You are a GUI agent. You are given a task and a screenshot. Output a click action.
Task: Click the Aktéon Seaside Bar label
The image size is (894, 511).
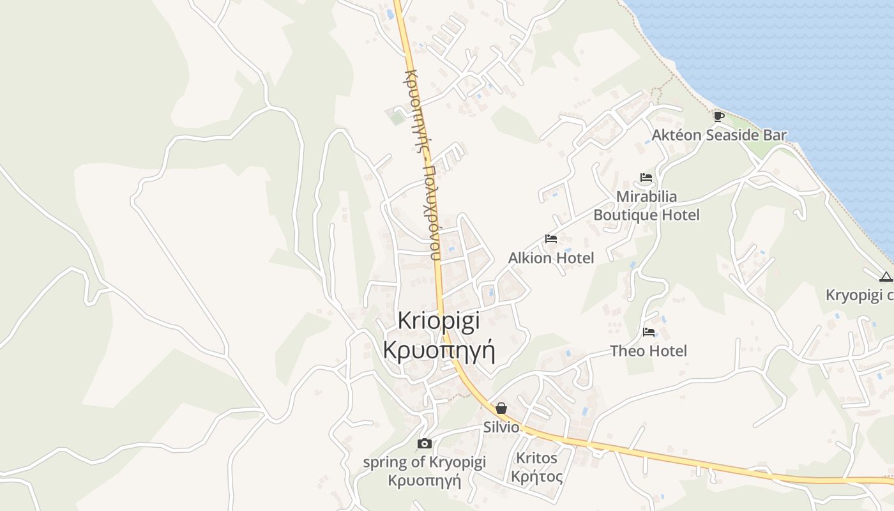pos(718,135)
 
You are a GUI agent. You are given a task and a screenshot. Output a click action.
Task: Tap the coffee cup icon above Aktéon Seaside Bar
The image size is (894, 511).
pos(718,116)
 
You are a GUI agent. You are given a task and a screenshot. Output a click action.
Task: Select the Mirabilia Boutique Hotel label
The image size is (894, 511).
pos(646,206)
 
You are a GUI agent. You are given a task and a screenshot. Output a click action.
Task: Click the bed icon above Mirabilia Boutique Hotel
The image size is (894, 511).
pos(646,178)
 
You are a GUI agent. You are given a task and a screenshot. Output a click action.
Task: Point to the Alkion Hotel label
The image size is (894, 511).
pos(550,258)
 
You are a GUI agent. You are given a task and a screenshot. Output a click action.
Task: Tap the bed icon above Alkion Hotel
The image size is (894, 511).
pos(551,239)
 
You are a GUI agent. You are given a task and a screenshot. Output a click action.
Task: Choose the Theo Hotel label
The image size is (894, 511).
pos(648,351)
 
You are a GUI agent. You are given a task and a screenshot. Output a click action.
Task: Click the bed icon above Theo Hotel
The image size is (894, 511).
pos(649,332)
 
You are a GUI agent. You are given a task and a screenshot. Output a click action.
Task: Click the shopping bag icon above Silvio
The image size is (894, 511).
pos(501,408)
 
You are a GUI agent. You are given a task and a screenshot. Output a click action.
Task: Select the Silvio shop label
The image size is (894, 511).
pos(501,427)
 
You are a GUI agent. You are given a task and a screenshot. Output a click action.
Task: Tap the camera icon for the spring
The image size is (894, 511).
pos(424,443)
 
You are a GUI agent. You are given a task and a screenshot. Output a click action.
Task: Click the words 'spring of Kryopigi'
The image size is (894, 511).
pos(424,462)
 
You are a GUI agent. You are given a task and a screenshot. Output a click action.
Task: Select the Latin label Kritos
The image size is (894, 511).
pos(536,458)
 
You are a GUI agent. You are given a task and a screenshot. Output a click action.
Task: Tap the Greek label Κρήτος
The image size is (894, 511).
pos(536,477)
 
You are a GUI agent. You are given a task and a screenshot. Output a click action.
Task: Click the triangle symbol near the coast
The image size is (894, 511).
pos(885,277)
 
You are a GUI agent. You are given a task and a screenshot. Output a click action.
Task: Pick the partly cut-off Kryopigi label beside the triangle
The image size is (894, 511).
pos(859,295)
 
